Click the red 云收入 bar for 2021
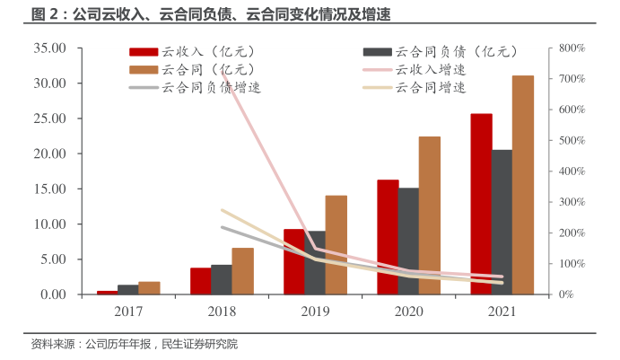click(x=481, y=204)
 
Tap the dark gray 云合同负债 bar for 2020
click(x=408, y=241)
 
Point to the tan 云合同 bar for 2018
click(x=242, y=271)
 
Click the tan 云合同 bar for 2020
click(x=430, y=215)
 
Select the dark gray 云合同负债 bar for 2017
click(x=128, y=289)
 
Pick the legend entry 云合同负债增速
click(x=211, y=87)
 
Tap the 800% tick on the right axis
click(x=571, y=48)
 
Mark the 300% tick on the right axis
click(x=571, y=202)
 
